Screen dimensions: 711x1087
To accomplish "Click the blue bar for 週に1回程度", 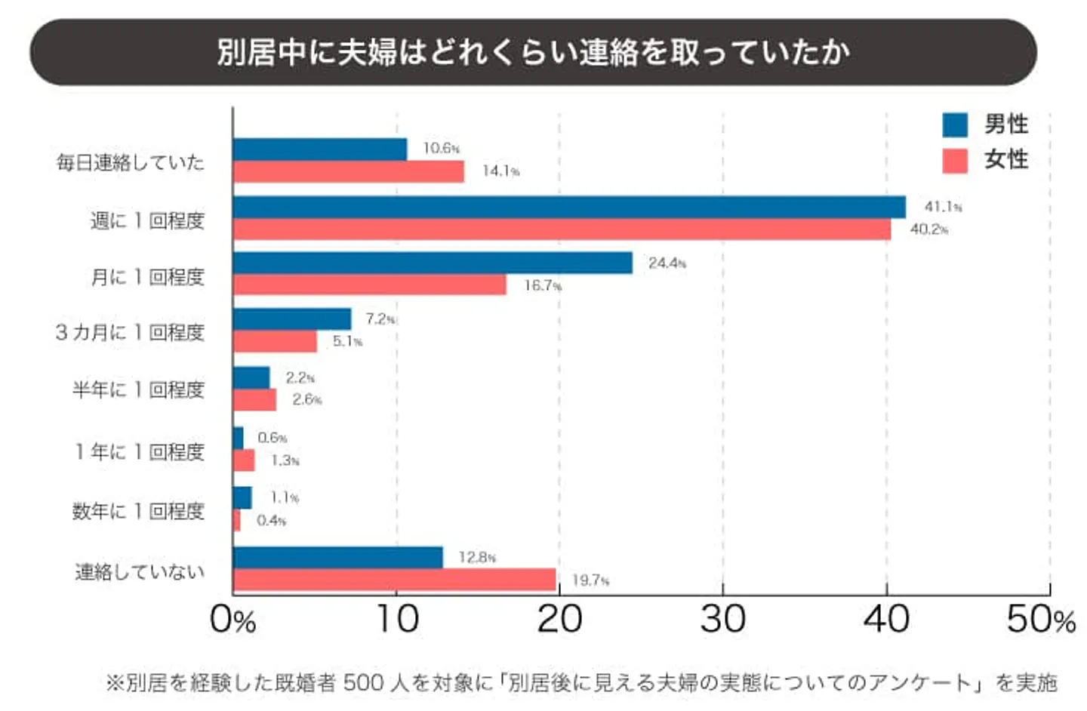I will click(569, 207).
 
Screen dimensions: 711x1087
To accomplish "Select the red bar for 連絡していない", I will click(394, 580).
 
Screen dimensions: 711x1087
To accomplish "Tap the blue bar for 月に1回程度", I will click(433, 263).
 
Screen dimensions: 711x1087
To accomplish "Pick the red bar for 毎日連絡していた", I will click(348, 171).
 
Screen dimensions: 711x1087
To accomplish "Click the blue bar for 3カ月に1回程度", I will click(292, 319).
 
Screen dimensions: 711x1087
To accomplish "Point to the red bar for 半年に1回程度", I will click(254, 399).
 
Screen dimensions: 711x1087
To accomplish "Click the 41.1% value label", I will click(943, 206).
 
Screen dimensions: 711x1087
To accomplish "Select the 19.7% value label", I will click(590, 580).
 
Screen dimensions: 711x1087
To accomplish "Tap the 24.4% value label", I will click(667, 263).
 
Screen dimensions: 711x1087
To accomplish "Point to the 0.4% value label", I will click(271, 520).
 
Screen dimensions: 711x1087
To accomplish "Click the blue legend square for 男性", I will click(955, 125).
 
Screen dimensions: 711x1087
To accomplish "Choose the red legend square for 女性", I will click(955, 160).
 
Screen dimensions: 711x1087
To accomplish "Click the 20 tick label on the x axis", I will click(559, 619).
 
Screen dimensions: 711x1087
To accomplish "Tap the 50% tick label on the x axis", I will click(1040, 619).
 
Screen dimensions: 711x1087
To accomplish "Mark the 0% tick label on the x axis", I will click(232, 619).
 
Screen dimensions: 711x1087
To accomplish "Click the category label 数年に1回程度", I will click(138, 511).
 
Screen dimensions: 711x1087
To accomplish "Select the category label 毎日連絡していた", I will click(130, 162).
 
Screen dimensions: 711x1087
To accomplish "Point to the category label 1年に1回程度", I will click(140, 451).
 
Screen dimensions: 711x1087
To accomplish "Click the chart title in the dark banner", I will click(533, 52).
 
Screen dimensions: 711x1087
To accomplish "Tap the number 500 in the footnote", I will click(363, 682).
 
